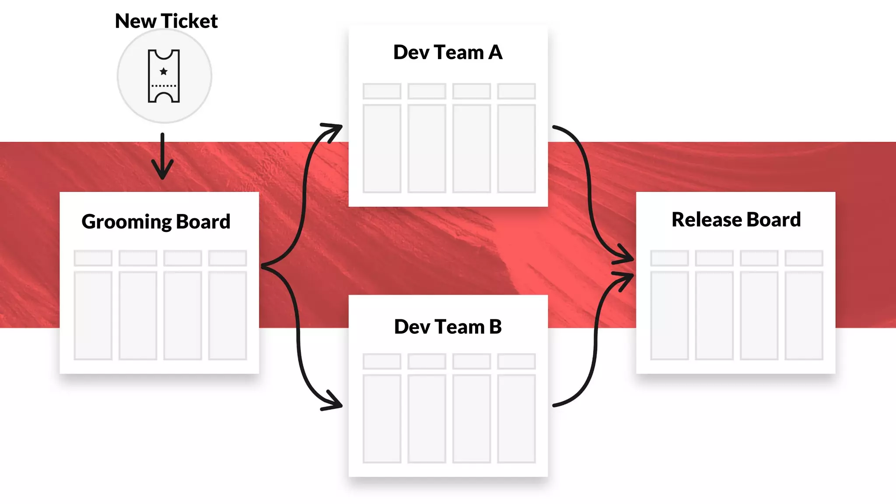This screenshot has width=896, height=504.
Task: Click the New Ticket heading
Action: (166, 21)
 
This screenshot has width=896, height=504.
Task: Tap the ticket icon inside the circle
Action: (164, 76)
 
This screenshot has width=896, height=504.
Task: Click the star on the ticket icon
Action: (164, 71)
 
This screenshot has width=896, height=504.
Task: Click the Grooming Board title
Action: (156, 221)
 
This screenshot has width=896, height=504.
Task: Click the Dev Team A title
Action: (448, 52)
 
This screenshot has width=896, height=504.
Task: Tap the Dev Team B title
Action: (448, 327)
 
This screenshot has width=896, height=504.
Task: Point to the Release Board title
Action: (736, 220)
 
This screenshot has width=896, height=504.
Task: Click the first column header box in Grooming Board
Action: (93, 258)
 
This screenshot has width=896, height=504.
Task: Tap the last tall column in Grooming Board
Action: (227, 315)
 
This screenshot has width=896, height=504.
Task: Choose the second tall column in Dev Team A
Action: (427, 148)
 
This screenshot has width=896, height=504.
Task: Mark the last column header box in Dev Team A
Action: (516, 91)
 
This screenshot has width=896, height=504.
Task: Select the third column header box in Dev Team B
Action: (472, 361)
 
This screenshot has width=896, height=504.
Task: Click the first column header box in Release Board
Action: (669, 258)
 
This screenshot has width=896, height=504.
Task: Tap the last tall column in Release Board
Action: (804, 315)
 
